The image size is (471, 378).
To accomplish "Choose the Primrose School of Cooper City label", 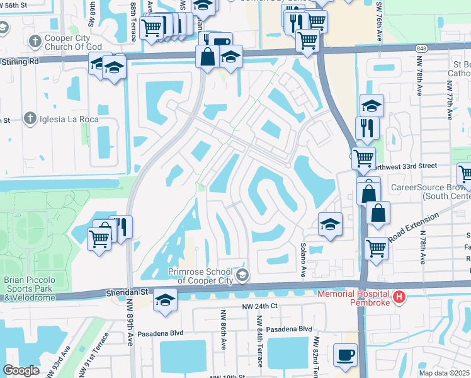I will (192, 275).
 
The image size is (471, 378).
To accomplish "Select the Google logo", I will (21, 370).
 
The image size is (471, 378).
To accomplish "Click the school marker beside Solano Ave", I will (330, 225).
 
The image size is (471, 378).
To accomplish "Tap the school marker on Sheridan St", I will (165, 300).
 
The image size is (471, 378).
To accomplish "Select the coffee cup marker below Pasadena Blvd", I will (345, 355).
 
